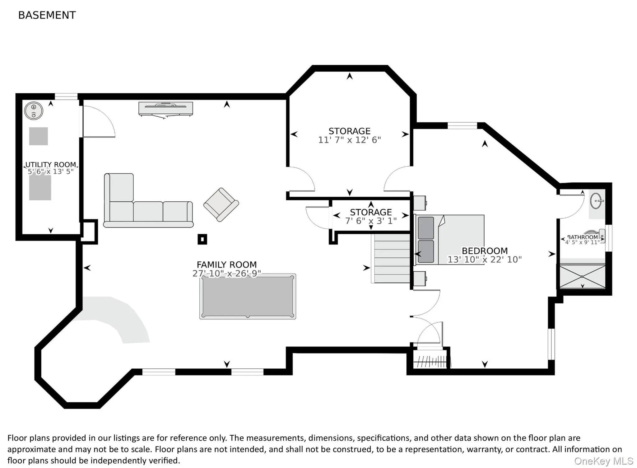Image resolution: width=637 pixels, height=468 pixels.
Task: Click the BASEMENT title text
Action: click(x=47, y=15)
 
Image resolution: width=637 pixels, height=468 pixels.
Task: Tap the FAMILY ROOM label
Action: click(x=227, y=264)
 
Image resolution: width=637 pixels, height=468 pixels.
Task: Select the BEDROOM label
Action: click(x=485, y=251)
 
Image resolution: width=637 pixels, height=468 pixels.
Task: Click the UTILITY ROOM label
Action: click(x=51, y=165)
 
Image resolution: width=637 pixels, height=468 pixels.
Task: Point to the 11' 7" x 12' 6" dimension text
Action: click(x=349, y=140)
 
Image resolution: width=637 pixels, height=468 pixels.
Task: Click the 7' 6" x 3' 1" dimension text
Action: click(x=371, y=221)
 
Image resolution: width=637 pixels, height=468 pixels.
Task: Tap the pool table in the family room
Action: click(x=248, y=297)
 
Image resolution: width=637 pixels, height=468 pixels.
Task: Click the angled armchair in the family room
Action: click(x=221, y=205)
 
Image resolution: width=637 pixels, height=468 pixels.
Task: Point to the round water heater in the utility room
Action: click(x=34, y=111)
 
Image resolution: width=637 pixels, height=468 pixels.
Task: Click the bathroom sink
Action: click(x=597, y=201)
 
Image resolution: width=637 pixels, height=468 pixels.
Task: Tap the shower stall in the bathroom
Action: click(x=582, y=276)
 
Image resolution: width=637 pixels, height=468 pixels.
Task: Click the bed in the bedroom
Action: click(x=450, y=240)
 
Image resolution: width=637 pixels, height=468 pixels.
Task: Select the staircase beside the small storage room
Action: click(x=391, y=258)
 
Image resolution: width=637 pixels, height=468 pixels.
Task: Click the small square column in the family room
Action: click(x=202, y=239)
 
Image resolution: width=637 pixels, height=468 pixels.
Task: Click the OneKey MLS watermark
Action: click(x=604, y=461)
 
